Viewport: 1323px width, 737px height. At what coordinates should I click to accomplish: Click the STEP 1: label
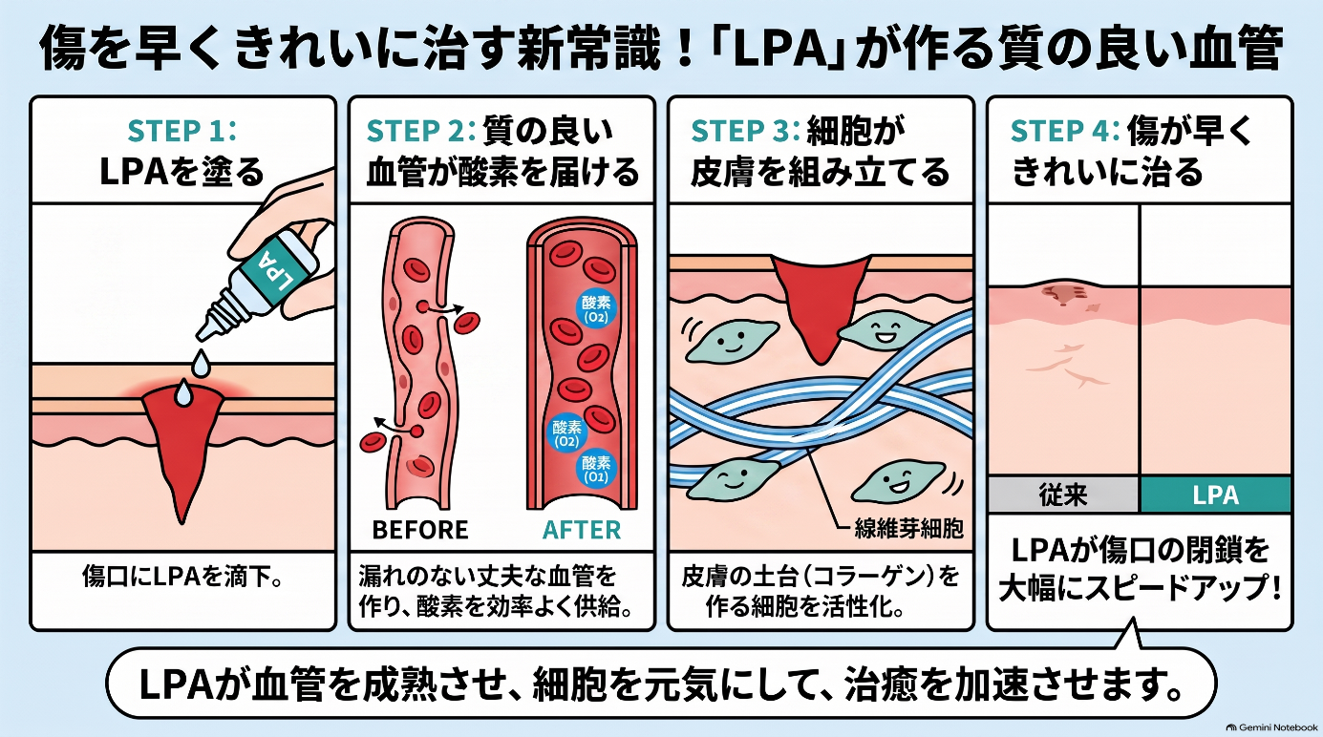(181, 131)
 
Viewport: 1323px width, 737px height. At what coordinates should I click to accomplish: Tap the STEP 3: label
(745, 131)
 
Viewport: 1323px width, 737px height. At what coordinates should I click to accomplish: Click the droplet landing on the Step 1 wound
(183, 393)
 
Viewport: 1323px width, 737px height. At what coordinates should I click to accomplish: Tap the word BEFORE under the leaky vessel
(420, 530)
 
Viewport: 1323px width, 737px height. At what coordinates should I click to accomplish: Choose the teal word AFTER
(582, 530)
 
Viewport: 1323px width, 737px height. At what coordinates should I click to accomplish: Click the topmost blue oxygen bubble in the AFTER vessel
(596, 309)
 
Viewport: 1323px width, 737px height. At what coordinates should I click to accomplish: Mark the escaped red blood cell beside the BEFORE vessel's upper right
(466, 323)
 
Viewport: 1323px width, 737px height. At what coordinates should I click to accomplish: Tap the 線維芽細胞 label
(908, 529)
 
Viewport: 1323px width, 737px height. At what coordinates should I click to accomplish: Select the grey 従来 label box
(1063, 495)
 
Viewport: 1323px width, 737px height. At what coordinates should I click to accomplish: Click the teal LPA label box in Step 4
(1215, 495)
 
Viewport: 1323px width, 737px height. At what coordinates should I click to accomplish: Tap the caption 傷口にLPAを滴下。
(181, 578)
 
